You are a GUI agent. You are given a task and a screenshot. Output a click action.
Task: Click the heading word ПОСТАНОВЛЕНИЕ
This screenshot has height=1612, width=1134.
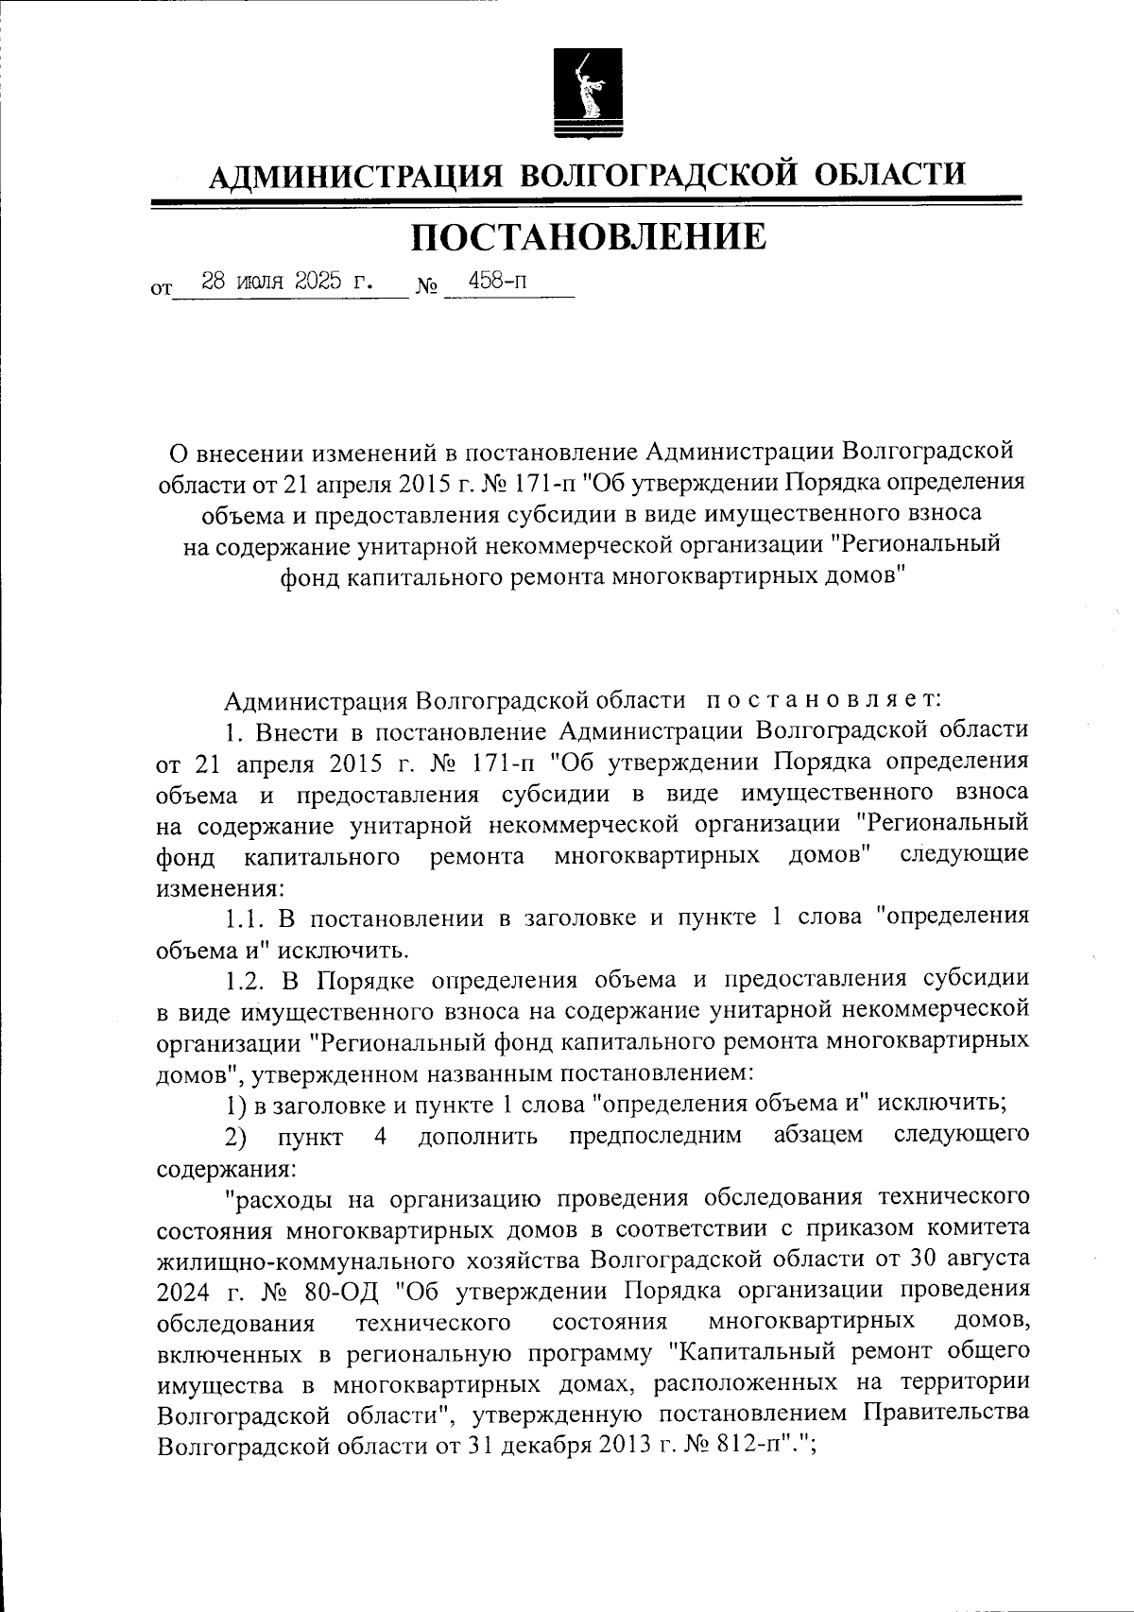click(588, 237)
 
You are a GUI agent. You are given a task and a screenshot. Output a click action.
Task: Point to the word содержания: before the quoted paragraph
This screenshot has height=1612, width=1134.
click(226, 1167)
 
